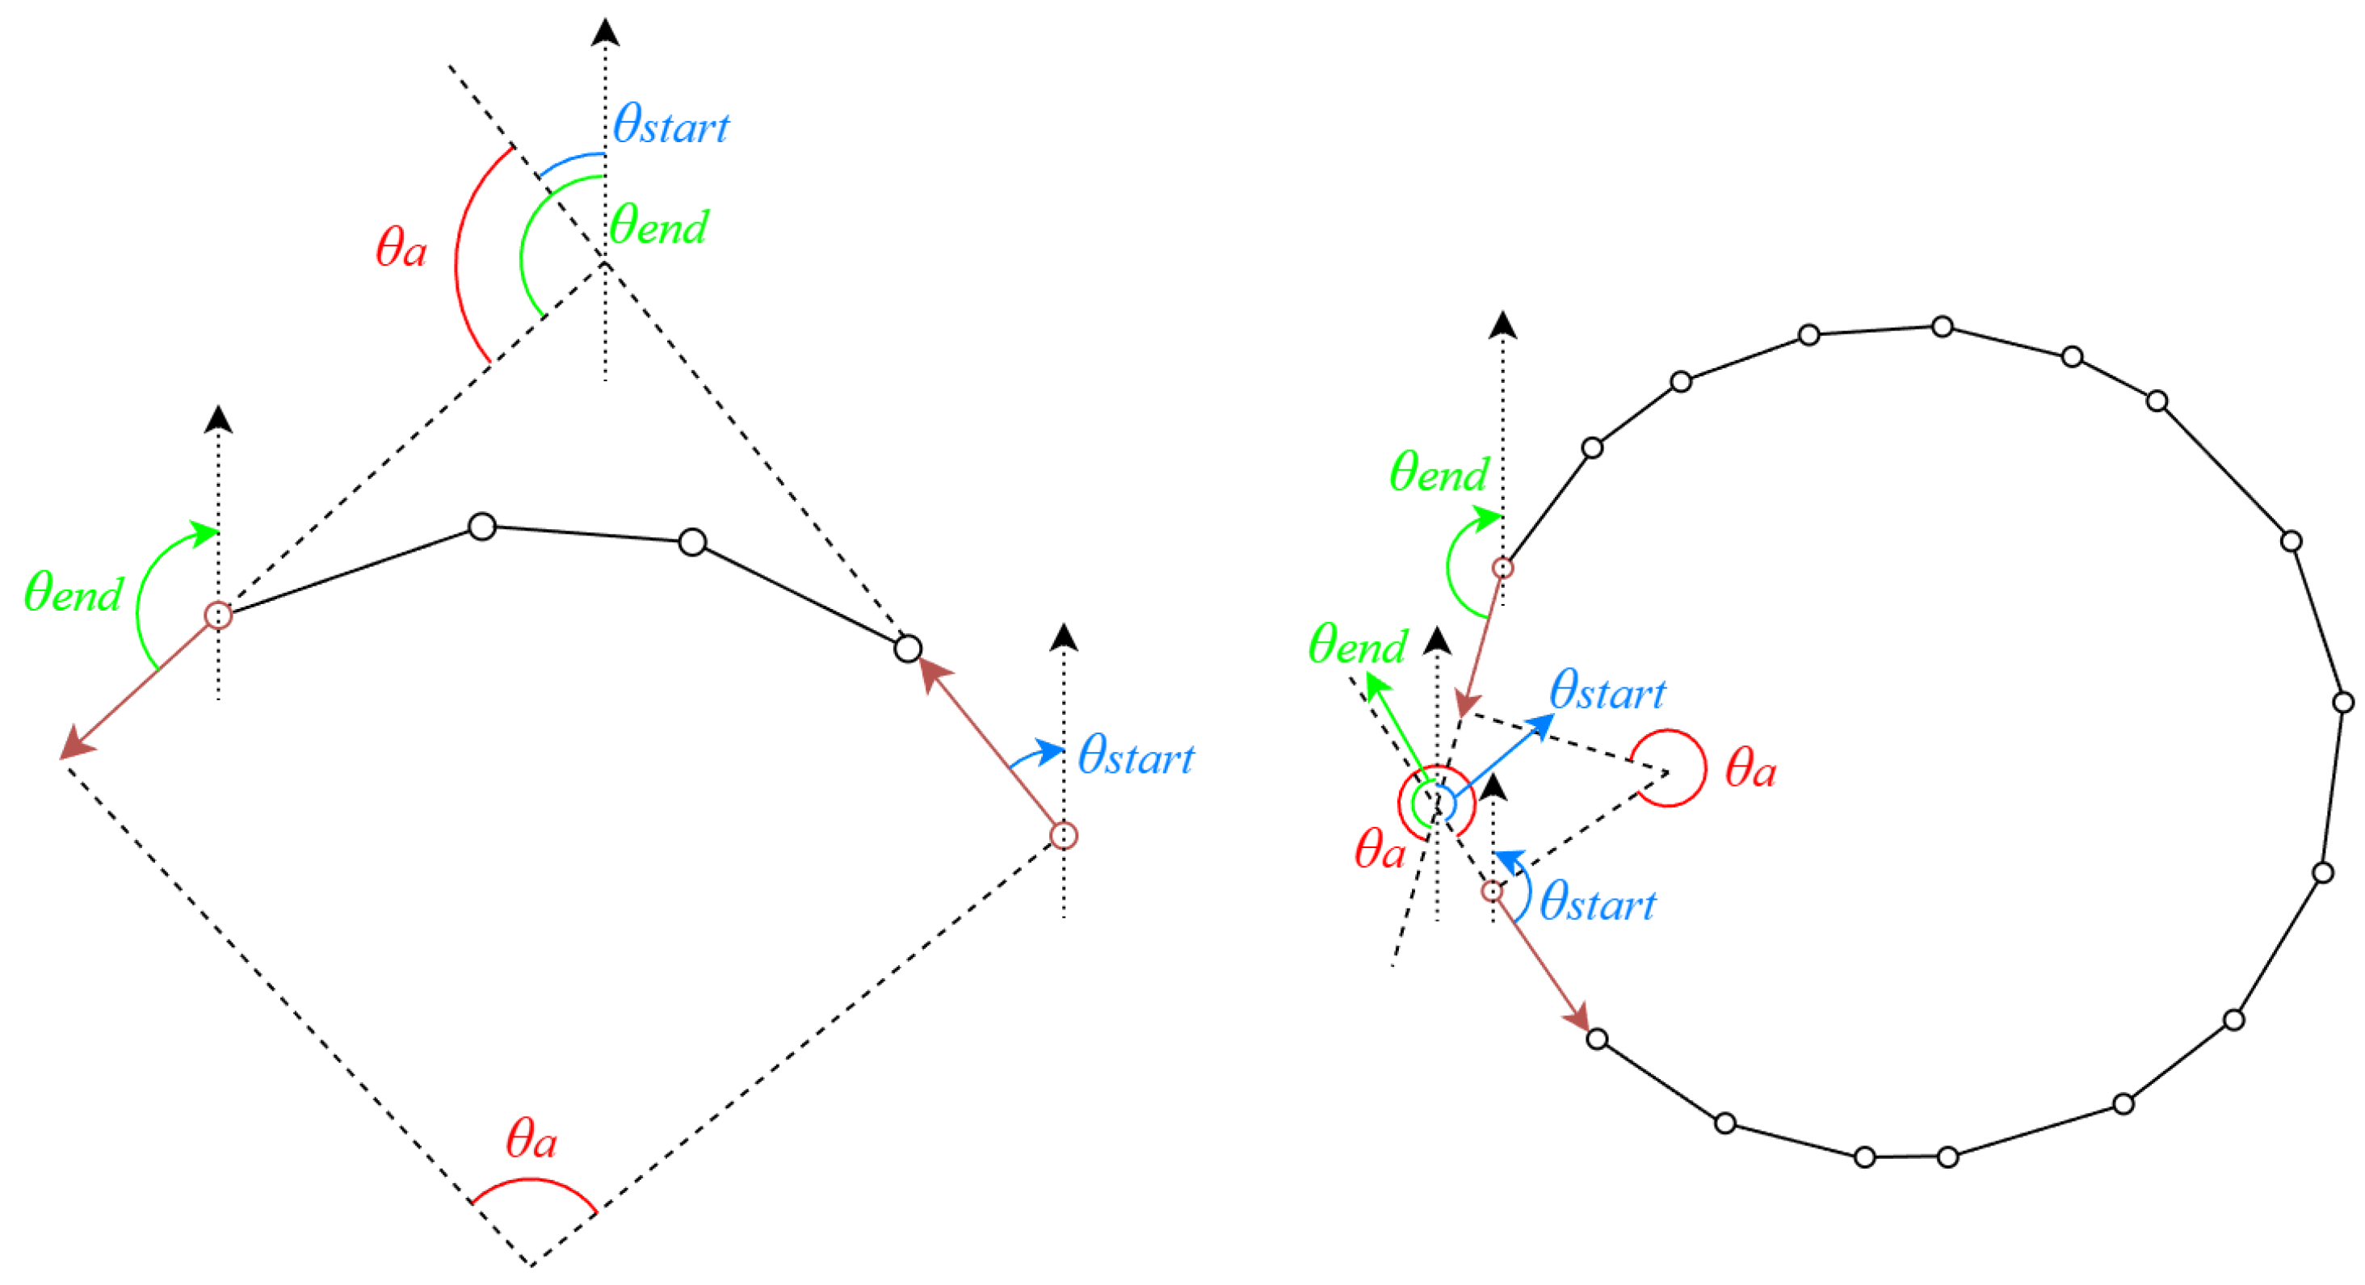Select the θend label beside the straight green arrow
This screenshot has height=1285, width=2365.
pos(1357,645)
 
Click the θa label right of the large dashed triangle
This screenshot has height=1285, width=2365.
pos(1750,768)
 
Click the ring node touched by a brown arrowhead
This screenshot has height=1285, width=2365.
pos(1598,1039)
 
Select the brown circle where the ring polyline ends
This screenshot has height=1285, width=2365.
pos(1502,568)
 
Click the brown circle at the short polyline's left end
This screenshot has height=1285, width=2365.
pos(217,615)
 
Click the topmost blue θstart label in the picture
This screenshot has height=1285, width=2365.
pos(670,126)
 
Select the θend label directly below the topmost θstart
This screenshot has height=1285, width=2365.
pos(659,226)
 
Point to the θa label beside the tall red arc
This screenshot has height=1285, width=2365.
pos(401,248)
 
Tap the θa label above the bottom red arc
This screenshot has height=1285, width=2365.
pos(531,1139)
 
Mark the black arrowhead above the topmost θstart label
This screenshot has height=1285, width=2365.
pos(605,33)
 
